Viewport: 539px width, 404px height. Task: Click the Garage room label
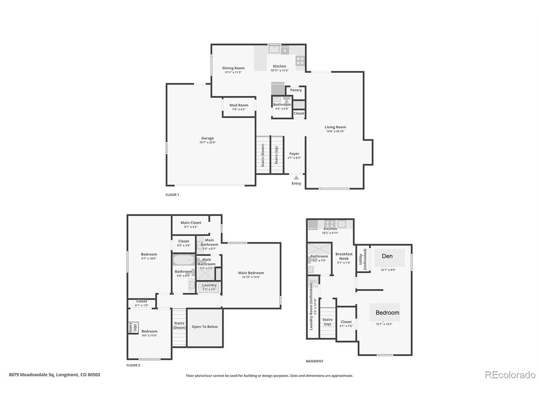(207, 138)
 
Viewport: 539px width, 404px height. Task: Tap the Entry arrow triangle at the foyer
(296, 178)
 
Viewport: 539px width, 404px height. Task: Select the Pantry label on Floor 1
(296, 90)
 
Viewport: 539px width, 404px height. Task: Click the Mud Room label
(239, 105)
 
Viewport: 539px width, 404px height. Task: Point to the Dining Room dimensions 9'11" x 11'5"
(233, 72)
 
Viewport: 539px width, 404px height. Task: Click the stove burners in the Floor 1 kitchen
(300, 61)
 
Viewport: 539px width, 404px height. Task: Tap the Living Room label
(335, 127)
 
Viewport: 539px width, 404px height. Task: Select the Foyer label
(294, 154)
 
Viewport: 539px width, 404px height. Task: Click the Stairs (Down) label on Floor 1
(263, 156)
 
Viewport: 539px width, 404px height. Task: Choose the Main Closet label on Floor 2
(191, 223)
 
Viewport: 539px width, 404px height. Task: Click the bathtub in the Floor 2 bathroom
(184, 260)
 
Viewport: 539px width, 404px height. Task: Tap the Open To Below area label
(205, 327)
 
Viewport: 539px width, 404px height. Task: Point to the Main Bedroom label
(251, 273)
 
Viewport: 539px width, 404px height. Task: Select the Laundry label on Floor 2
(209, 285)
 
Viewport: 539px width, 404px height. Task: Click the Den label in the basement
(387, 256)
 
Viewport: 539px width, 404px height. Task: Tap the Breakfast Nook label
(344, 256)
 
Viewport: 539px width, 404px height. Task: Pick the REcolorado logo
(510, 375)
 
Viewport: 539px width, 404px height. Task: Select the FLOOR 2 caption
(133, 365)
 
